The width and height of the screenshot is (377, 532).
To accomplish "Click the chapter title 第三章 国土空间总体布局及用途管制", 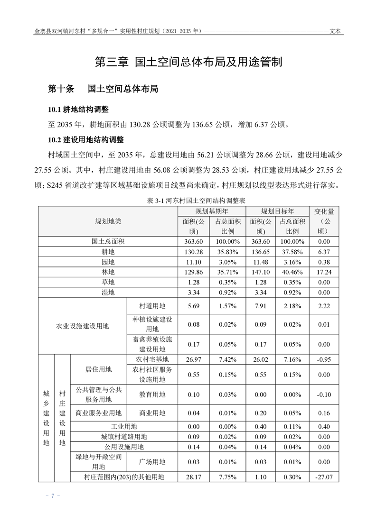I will click(x=188, y=62).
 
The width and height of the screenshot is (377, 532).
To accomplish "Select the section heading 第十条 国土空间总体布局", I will click(x=103, y=89).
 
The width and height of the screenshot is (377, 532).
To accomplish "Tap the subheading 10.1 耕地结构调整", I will click(x=78, y=110).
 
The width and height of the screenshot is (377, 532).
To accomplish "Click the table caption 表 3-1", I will click(x=189, y=201).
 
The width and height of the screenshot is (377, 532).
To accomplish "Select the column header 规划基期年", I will click(x=212, y=211).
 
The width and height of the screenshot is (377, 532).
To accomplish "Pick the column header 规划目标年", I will click(x=277, y=211).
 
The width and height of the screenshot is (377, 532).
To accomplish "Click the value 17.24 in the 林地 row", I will click(x=324, y=272).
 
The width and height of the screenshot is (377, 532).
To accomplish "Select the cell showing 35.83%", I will click(x=228, y=251).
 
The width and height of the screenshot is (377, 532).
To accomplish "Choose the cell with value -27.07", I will click(x=324, y=477).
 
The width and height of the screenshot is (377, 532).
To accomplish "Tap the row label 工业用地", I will click(x=123, y=426).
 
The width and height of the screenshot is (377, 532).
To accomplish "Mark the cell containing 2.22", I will click(x=324, y=306).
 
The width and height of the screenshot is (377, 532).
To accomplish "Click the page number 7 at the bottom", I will click(x=53, y=496).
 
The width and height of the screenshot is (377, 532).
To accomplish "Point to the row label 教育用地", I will click(x=152, y=394).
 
